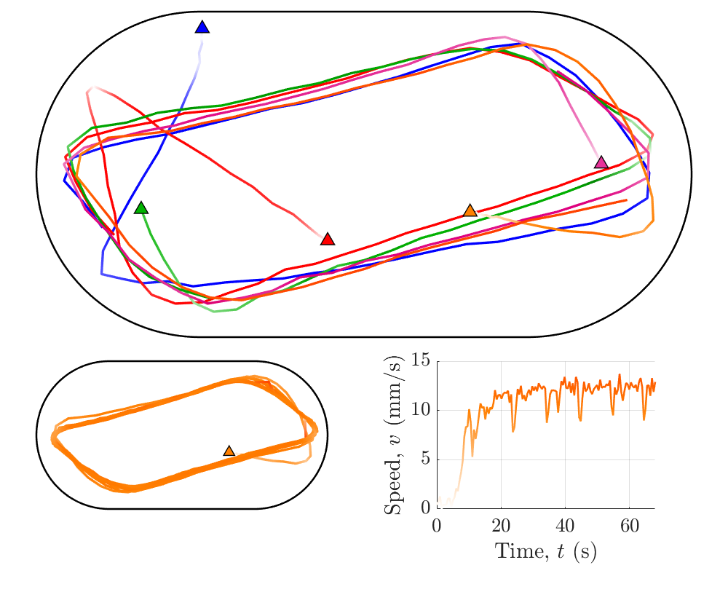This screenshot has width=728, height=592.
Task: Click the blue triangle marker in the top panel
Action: [x=202, y=28]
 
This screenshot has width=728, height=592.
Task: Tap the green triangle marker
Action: [x=141, y=208]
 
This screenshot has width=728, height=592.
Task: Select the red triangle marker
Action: [x=328, y=240]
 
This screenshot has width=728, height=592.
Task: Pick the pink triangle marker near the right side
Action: [x=601, y=162]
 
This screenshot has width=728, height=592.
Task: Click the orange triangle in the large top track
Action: [x=470, y=210]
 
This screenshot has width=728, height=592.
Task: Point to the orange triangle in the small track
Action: [x=229, y=451]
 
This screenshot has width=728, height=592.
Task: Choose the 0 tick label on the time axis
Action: [x=437, y=525]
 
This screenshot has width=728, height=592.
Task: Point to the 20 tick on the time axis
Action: [x=501, y=525]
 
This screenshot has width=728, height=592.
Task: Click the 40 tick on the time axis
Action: [x=565, y=525]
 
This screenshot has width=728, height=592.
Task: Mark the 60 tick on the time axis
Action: [x=629, y=525]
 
